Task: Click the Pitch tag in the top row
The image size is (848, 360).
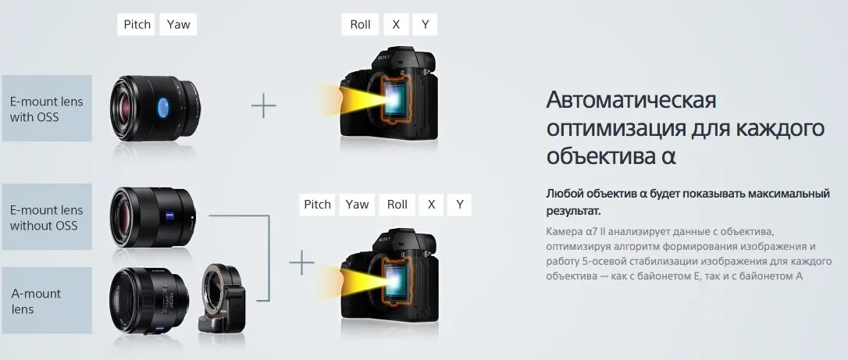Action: tap(137, 24)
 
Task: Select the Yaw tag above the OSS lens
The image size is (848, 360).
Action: tap(178, 24)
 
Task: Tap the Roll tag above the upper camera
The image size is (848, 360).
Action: tap(360, 24)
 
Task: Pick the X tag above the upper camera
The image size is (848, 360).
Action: tap(396, 24)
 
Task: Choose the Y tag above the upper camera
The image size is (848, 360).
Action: tap(425, 24)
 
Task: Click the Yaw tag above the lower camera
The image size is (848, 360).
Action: tap(357, 205)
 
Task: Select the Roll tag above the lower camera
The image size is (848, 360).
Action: tap(397, 205)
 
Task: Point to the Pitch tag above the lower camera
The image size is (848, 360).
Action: tap(317, 205)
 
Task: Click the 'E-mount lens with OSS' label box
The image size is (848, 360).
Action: tap(47, 109)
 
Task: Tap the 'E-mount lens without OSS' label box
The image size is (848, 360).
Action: tap(47, 217)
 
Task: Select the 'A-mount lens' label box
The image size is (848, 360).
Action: tap(47, 301)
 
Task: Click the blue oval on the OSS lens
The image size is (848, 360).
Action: tap(163, 108)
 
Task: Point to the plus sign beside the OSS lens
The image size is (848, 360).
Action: tap(263, 105)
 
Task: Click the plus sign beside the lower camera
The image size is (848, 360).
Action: tap(301, 263)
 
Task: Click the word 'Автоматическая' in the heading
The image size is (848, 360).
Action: tap(631, 100)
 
